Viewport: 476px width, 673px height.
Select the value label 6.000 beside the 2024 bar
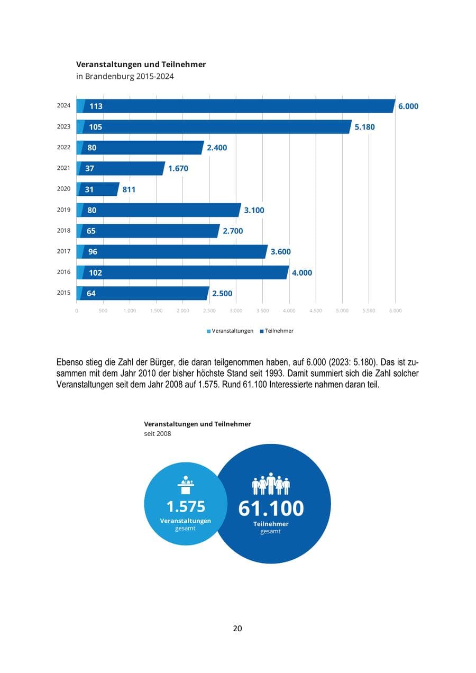point(408,106)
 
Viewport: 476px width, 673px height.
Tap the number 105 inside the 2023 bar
point(96,127)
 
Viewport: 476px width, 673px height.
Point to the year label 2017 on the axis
point(63,251)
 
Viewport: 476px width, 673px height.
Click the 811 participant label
point(129,189)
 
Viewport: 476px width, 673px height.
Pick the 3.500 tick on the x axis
point(262,311)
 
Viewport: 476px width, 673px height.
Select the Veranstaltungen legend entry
point(231,331)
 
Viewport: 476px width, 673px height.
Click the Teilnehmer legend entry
point(277,331)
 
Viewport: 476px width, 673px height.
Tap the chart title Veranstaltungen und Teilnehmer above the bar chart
point(141,65)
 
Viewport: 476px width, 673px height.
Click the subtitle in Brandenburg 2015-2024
point(125,76)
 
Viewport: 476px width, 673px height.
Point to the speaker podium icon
point(186,485)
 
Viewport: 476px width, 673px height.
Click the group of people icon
point(271,484)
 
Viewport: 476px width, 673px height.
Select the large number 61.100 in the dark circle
point(271,508)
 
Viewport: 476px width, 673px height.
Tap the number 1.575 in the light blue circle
point(186,506)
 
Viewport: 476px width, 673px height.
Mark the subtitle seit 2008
point(158,433)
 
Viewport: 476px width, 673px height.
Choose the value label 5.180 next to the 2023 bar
point(364,127)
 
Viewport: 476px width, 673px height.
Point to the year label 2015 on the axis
point(63,293)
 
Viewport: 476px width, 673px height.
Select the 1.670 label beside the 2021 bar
point(178,169)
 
